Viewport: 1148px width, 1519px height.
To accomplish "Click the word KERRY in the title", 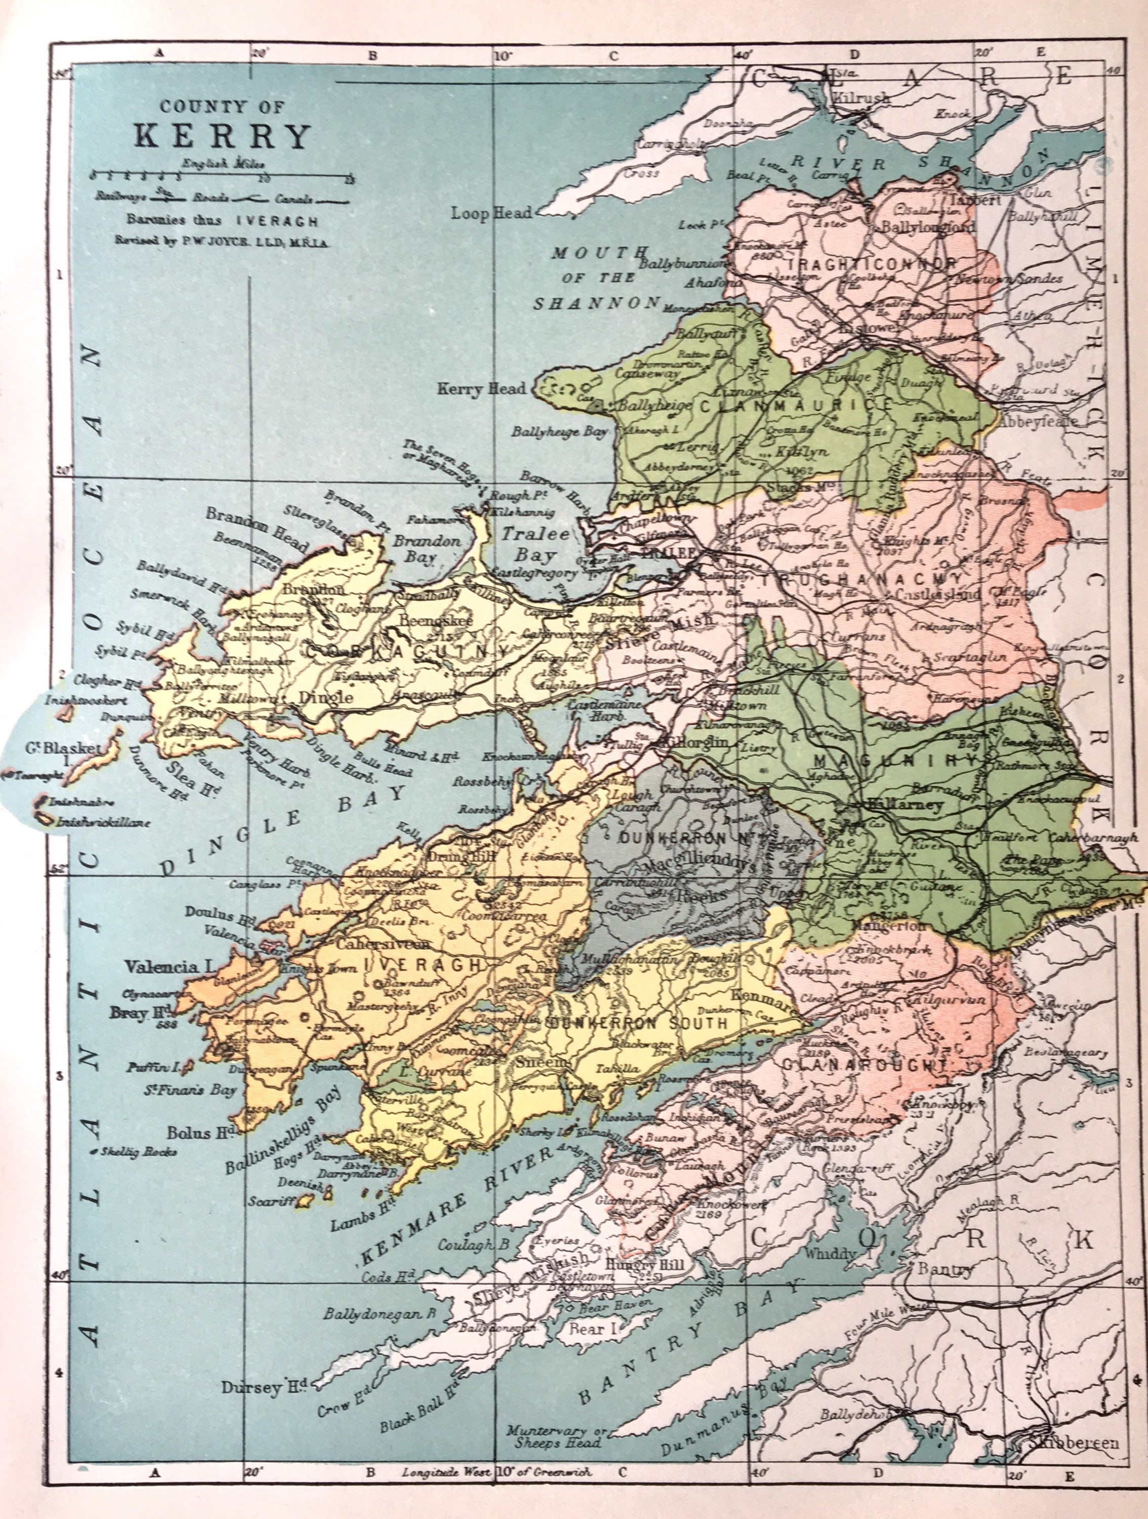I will pos(222,137).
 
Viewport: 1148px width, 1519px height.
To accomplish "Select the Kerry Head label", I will pos(481,389).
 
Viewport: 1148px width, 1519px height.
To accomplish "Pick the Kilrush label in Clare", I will pos(861,98).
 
